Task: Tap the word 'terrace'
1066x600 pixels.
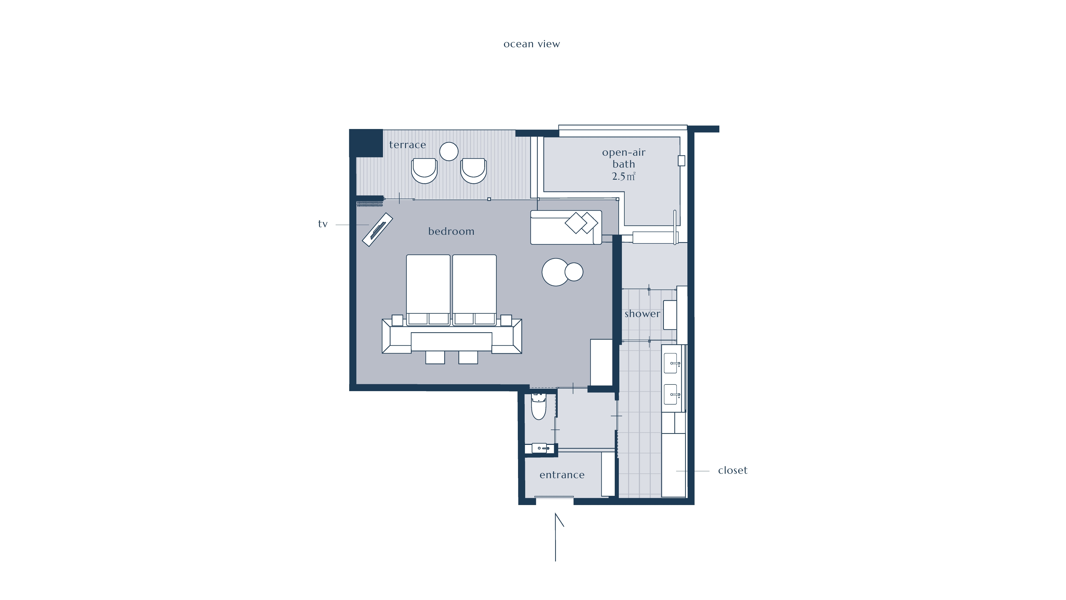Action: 407,145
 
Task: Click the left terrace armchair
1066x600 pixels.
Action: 424,170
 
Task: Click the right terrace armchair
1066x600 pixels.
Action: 474,170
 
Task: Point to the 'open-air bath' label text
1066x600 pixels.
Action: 624,158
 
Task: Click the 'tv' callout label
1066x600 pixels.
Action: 323,224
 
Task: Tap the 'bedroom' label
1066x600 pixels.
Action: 451,231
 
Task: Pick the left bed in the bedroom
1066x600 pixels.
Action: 428,290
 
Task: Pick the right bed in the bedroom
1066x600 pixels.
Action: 474,290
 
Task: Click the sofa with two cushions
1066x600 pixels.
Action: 566,227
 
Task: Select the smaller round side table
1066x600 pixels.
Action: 574,272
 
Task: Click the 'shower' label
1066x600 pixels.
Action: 642,314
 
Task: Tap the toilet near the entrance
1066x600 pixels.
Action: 539,407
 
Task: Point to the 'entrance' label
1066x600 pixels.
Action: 562,475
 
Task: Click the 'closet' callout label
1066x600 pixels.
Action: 732,470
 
